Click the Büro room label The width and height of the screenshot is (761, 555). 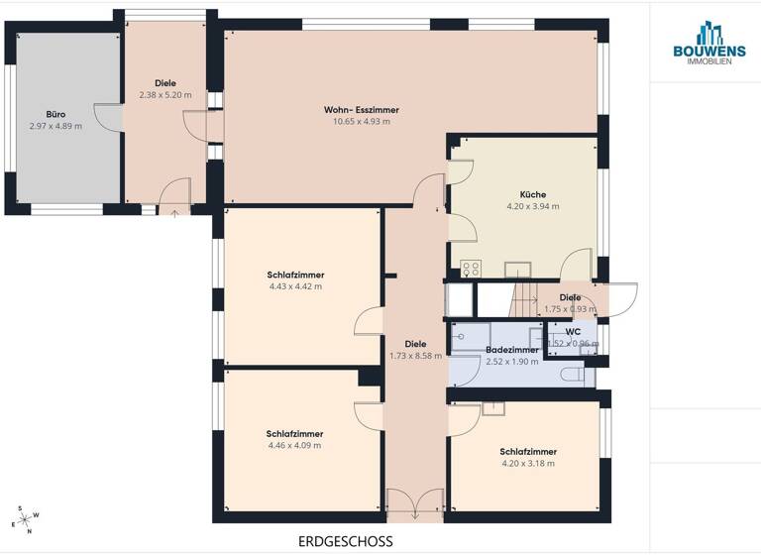(x=55, y=114)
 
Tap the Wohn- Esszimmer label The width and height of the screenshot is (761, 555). (x=361, y=109)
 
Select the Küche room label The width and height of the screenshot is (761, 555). (x=533, y=194)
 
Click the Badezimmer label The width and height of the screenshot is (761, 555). (x=512, y=350)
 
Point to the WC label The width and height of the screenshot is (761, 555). (x=573, y=331)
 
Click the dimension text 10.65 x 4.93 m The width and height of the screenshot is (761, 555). (x=361, y=122)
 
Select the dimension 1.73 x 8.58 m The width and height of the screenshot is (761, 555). (x=415, y=357)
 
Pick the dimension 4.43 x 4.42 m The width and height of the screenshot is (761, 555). (x=295, y=286)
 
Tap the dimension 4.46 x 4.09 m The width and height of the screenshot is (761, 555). (x=295, y=446)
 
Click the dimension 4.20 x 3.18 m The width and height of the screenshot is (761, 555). (x=528, y=463)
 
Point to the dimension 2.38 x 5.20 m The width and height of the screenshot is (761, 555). (x=165, y=95)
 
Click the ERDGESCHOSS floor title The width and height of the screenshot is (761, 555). (x=345, y=541)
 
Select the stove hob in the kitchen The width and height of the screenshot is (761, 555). (x=470, y=268)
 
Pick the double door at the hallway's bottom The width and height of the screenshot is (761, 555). (x=415, y=504)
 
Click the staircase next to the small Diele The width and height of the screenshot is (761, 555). (x=522, y=298)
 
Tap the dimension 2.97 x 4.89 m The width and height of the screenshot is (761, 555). (x=55, y=127)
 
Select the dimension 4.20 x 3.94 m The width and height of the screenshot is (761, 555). (x=533, y=207)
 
